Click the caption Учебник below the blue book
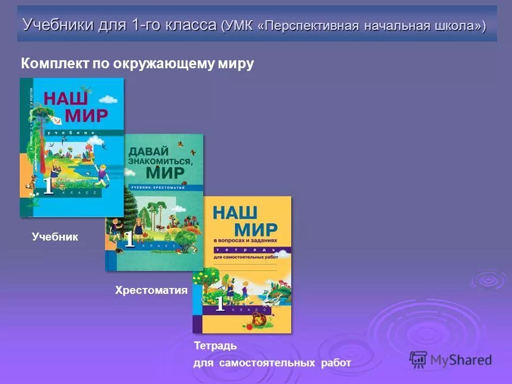click(55, 237)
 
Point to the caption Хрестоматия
click(151, 290)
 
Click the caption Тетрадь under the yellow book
click(215, 346)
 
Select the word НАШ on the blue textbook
click(66, 99)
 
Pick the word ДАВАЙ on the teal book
click(148, 151)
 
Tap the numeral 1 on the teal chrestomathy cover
click(129, 239)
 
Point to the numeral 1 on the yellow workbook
click(220, 304)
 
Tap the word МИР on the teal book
click(165, 172)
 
